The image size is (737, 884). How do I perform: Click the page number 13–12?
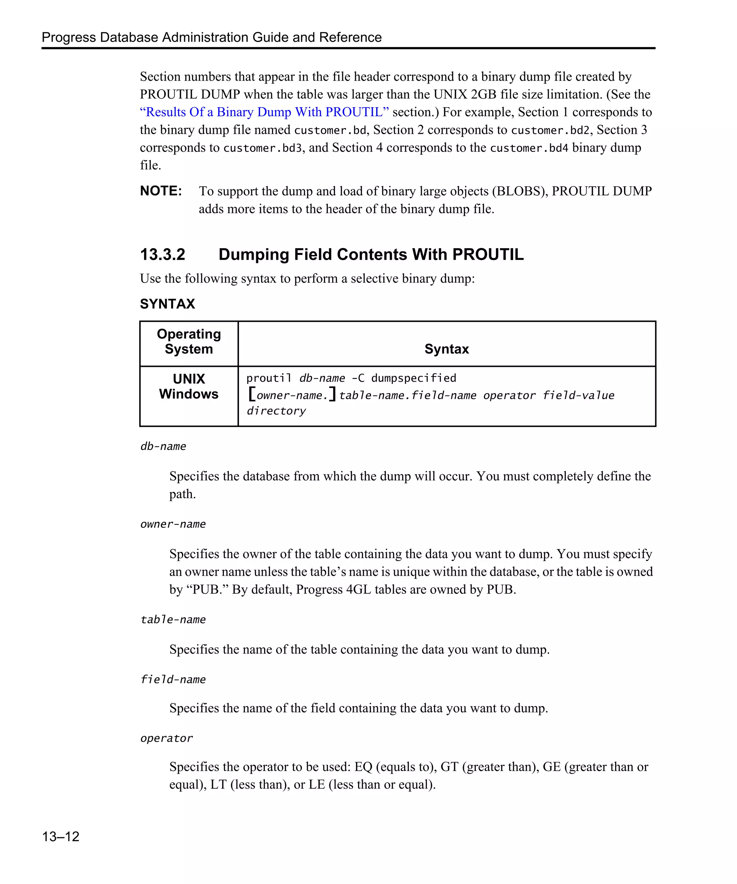click(61, 836)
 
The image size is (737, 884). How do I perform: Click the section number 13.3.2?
click(163, 254)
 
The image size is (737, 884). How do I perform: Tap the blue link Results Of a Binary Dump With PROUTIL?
click(264, 112)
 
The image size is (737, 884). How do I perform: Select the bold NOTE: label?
click(161, 191)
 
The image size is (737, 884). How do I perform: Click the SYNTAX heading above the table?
click(167, 304)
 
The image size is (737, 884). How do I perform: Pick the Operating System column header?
click(189, 341)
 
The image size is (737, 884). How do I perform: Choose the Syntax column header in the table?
click(447, 348)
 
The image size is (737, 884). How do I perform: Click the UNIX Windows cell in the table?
click(189, 386)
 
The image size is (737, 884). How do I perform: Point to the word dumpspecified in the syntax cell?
click(413, 378)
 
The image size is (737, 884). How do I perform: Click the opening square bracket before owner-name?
click(252, 394)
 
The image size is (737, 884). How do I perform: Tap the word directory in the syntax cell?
click(276, 411)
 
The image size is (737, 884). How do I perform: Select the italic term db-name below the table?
click(163, 446)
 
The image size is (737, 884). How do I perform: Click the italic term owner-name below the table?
click(173, 524)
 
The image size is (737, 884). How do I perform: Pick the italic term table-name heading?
click(173, 620)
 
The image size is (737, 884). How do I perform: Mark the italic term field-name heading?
click(173, 679)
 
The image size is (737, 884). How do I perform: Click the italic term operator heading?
click(167, 738)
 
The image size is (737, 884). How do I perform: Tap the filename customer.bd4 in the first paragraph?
click(529, 148)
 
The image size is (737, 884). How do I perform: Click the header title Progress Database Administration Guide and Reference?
click(211, 37)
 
